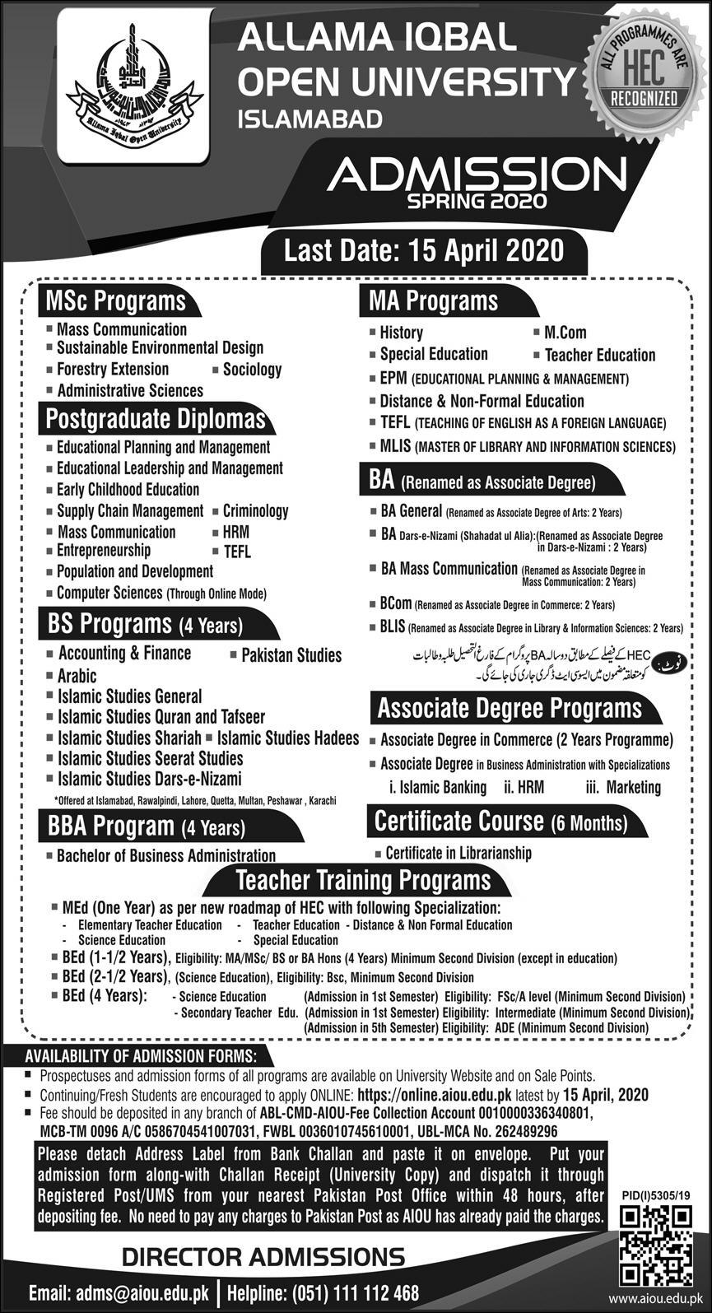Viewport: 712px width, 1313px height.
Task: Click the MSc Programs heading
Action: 115,301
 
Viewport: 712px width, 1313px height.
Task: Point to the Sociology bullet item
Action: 252,370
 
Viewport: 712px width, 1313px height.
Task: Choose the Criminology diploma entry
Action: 255,511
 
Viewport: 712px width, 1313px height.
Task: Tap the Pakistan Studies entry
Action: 291,655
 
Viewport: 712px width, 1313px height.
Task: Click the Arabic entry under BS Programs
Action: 77,676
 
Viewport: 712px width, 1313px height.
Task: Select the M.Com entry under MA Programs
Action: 565,333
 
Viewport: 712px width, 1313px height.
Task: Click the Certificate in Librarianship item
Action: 458,853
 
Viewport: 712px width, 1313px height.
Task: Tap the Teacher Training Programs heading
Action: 363,880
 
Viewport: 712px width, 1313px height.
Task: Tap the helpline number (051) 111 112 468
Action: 323,1292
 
